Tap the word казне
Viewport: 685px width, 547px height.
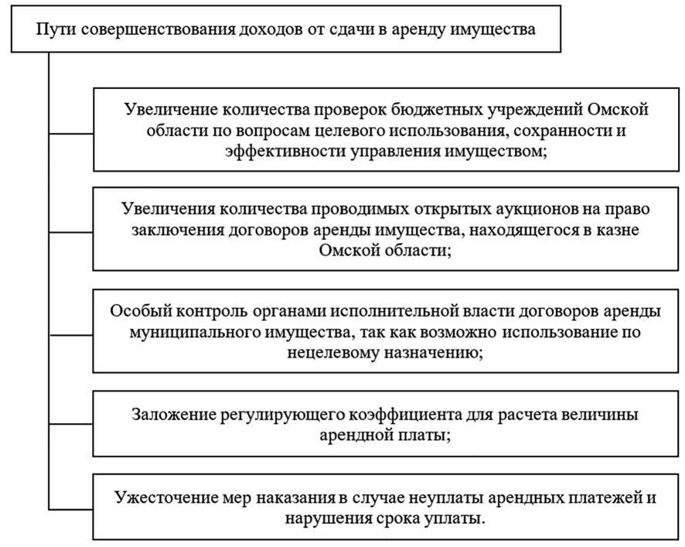coord(616,230)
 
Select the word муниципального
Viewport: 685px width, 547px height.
coord(194,333)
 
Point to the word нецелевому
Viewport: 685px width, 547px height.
coord(333,353)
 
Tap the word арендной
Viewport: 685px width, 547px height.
coord(354,436)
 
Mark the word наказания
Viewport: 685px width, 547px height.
coord(298,497)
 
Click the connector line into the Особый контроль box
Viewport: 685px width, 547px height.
coord(71,335)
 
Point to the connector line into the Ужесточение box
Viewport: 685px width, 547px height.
coord(71,509)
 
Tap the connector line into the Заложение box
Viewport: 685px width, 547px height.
coord(71,424)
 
